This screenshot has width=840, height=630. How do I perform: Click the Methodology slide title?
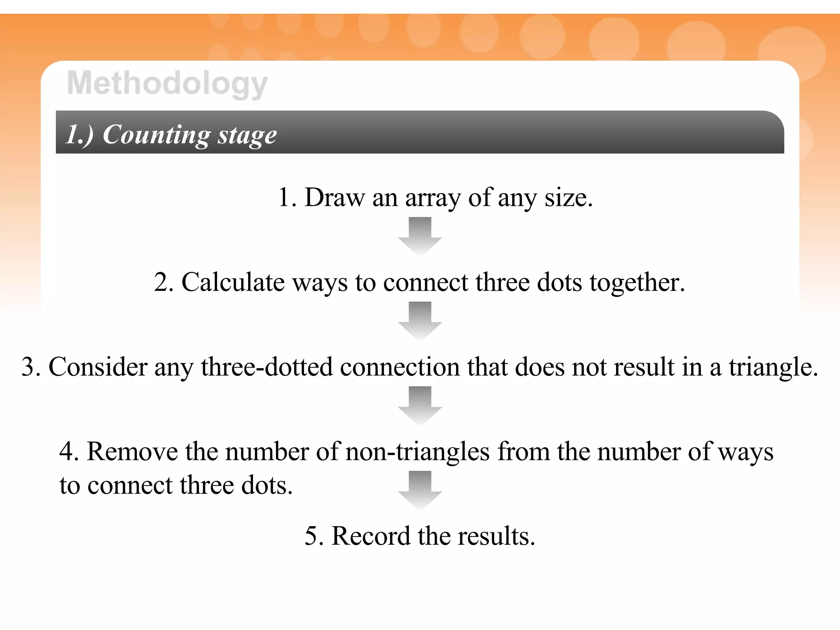pos(167,83)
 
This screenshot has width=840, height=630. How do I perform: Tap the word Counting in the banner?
pos(156,135)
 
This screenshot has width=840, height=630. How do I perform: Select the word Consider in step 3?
pos(98,367)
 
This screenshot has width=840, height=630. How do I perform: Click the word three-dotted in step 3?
pos(267,367)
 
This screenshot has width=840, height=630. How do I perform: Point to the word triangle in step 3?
pos(773,367)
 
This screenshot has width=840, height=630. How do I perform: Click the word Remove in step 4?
pos(132,452)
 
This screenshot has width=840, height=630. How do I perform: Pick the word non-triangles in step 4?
pos(418,452)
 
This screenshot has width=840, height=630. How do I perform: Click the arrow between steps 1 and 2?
pos(420,236)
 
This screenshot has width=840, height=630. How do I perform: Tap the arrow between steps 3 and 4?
pos(420,405)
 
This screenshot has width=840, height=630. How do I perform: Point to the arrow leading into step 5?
pos(420,490)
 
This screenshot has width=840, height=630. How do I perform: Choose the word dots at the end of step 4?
pos(267,486)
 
